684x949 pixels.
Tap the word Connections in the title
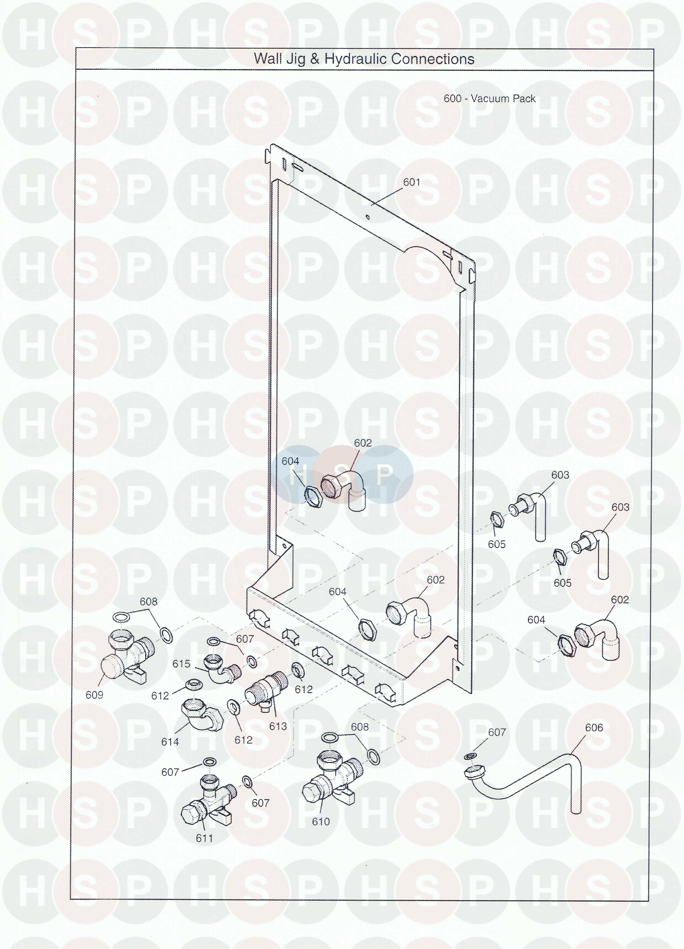coord(433,59)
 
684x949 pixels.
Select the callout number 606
coord(594,739)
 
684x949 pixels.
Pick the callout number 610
coord(321,833)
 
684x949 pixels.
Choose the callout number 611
coord(204,850)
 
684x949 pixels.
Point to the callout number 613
coord(278,726)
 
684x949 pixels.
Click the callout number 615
coord(181,663)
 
